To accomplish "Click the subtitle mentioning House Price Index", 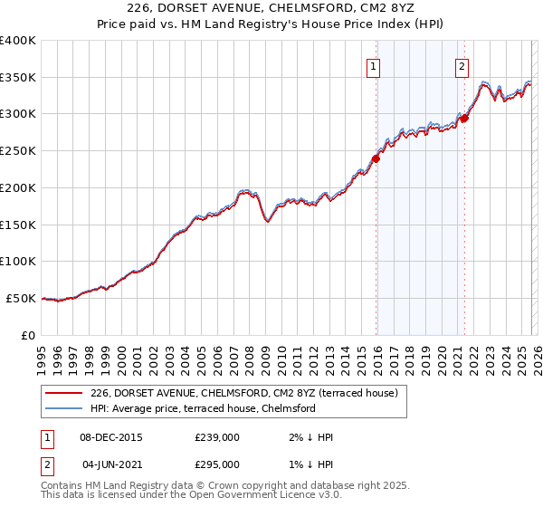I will [271, 25].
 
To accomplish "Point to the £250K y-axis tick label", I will [18, 151].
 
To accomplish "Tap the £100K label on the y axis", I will [18, 262].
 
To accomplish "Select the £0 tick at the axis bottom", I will [27, 335].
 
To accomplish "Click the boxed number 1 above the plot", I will [374, 65].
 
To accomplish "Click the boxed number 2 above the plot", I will [462, 65].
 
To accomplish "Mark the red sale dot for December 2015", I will [376, 159].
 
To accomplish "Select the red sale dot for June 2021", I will [464, 118].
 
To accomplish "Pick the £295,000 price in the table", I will [217, 464].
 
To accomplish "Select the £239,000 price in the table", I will [217, 437].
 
